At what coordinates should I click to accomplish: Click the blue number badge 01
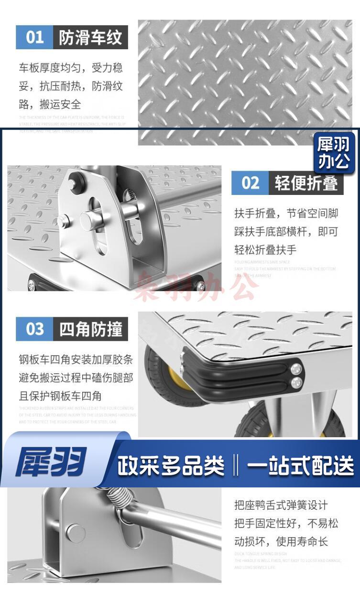tap(34, 37)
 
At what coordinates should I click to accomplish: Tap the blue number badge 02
tap(251, 183)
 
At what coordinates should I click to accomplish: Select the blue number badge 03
tap(34, 329)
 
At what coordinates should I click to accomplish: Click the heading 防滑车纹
tap(90, 37)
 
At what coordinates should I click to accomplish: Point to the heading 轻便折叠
tap(306, 183)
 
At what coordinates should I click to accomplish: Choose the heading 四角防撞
tap(90, 329)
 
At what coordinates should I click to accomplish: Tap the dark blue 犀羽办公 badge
tap(334, 152)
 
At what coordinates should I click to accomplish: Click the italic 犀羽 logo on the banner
tap(51, 462)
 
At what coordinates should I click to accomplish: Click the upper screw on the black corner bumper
tap(297, 368)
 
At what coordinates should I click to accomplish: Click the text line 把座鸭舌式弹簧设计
tap(281, 505)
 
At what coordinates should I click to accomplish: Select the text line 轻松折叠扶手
tap(265, 249)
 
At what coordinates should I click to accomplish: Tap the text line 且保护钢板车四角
tap(60, 396)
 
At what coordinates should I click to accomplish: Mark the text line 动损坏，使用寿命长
tap(281, 541)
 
